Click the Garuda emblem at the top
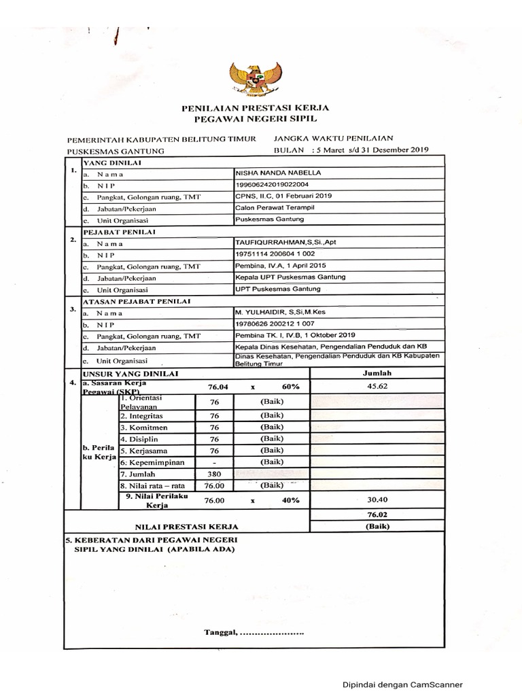(x=256, y=77)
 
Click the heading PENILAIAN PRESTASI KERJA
(x=255, y=108)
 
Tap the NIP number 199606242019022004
(x=272, y=184)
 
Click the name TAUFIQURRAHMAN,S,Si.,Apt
(x=280, y=242)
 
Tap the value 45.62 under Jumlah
(x=377, y=386)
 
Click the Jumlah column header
(x=377, y=373)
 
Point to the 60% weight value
(x=290, y=387)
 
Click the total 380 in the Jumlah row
(x=213, y=474)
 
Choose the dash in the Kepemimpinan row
(x=213, y=462)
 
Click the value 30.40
(x=377, y=499)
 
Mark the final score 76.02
(x=377, y=515)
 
